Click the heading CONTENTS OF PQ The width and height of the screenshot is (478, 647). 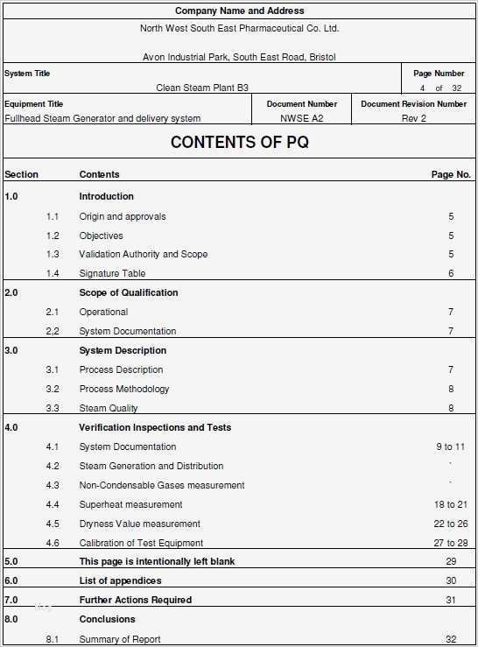[239, 142]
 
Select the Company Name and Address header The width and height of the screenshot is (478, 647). [239, 11]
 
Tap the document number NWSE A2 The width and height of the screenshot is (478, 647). [302, 118]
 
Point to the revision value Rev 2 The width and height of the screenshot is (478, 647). [414, 118]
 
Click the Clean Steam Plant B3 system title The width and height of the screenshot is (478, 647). [202, 88]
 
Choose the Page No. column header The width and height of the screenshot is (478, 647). [451, 174]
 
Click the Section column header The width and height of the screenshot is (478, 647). [21, 174]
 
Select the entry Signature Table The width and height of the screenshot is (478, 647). [112, 273]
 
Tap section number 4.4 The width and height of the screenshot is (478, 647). [53, 504]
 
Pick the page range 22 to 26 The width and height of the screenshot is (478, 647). [451, 524]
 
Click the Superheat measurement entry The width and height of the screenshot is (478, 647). [130, 504]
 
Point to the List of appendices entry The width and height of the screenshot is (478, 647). [120, 580]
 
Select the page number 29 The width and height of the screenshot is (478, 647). [451, 561]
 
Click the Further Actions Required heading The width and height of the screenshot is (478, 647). [135, 600]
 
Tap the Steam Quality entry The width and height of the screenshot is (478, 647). [109, 408]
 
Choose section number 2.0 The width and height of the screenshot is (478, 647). [11, 292]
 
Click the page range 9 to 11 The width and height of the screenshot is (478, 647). [451, 447]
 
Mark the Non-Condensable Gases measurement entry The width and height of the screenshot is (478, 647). [162, 485]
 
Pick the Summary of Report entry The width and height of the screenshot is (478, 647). [120, 639]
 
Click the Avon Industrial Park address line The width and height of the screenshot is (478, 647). [239, 57]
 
